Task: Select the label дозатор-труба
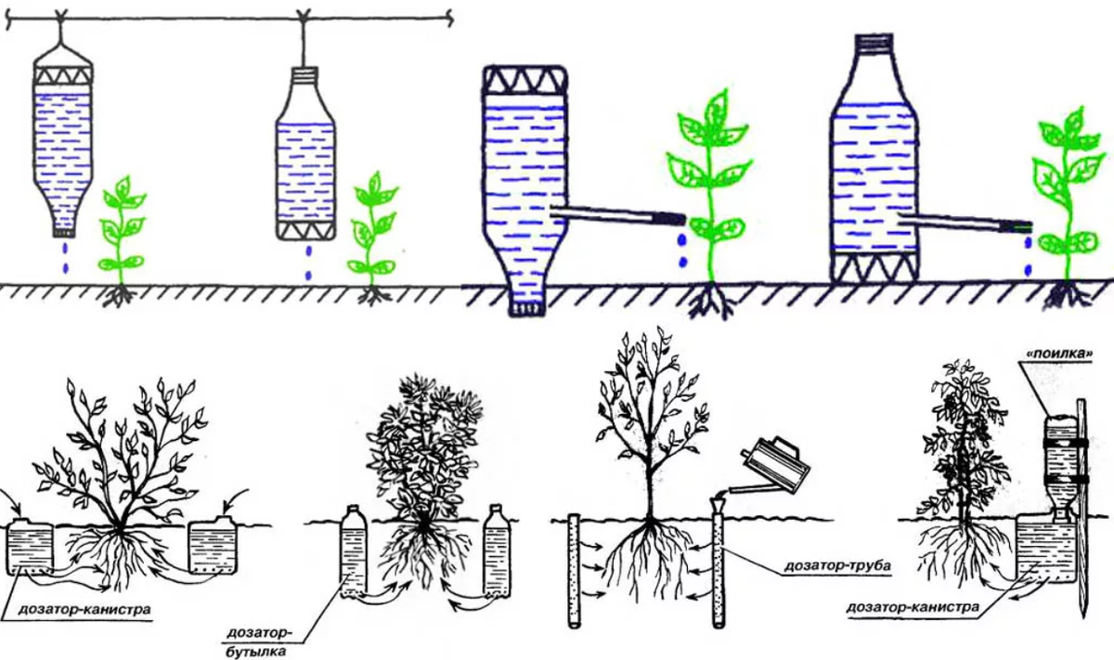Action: click(x=837, y=565)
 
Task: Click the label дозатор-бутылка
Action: click(x=258, y=642)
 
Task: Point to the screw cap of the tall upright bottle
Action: click(x=874, y=42)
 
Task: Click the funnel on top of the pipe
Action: click(x=718, y=506)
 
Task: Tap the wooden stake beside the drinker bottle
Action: click(x=1082, y=508)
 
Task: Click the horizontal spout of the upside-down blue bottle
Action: click(x=617, y=214)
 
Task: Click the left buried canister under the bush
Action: click(x=30, y=546)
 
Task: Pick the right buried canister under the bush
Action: click(x=213, y=546)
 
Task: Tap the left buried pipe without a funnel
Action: click(x=575, y=571)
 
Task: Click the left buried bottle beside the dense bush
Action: click(x=353, y=550)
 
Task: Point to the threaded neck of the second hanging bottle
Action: click(x=304, y=73)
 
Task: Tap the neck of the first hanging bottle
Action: click(x=63, y=231)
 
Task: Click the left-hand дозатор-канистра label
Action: click(x=84, y=610)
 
